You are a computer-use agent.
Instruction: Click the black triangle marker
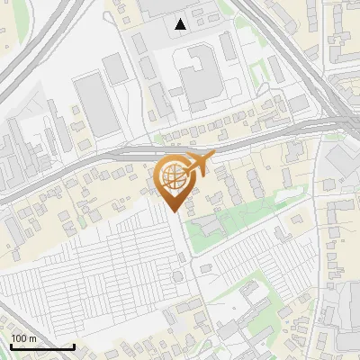[181, 24]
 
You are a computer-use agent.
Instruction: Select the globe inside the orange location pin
[174, 177]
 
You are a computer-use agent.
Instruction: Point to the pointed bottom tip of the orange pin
[175, 211]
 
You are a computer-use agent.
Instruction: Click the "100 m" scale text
[24, 338]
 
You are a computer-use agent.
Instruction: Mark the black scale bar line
[42, 346]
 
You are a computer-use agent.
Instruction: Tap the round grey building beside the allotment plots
[177, 274]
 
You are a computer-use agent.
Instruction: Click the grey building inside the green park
[207, 226]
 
